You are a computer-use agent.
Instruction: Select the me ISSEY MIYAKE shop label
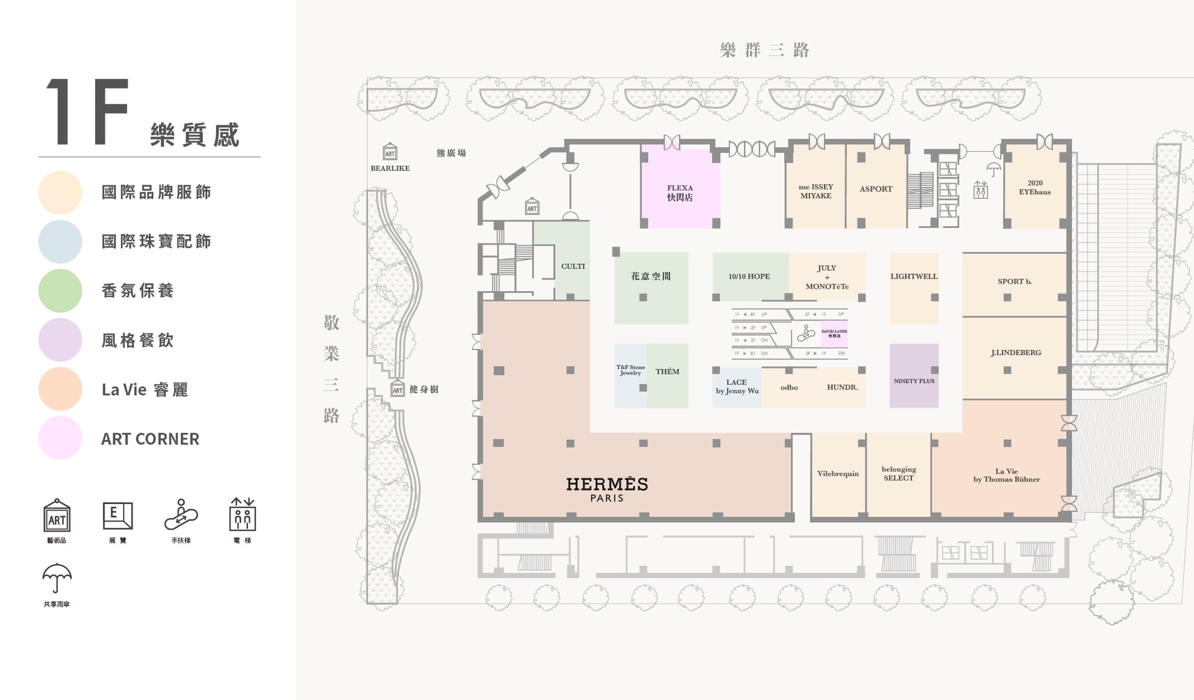pos(816,191)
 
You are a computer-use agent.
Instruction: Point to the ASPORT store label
pos(875,189)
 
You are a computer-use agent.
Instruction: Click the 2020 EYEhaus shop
pos(1034,188)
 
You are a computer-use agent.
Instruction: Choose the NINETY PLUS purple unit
pos(914,381)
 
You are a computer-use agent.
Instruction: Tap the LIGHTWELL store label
pos(914,276)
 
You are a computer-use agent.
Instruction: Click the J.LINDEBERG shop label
pos(1015,352)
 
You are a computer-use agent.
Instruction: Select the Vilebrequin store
pos(837,474)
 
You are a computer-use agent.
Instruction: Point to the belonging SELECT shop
pos(898,474)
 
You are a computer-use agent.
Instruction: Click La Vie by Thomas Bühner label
pos(1006,475)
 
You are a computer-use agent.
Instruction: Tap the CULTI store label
pos(573,266)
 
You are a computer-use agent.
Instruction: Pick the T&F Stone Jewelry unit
pos(630,371)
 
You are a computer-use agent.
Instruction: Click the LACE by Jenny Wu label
pos(737,386)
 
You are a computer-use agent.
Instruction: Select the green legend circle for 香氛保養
pos(60,291)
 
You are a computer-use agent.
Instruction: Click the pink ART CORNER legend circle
pos(60,438)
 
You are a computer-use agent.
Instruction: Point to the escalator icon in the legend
pos(181,515)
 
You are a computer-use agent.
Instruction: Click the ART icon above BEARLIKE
pos(390,152)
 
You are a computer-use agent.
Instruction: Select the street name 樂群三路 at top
pos(764,50)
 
